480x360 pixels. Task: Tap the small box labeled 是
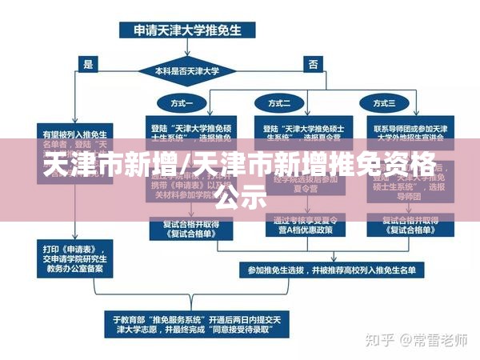click(x=88, y=63)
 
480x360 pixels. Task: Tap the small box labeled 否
click(x=313, y=63)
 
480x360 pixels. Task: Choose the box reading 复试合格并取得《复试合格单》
click(x=190, y=227)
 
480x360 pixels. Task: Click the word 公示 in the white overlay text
click(x=239, y=196)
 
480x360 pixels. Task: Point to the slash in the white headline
click(x=186, y=166)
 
